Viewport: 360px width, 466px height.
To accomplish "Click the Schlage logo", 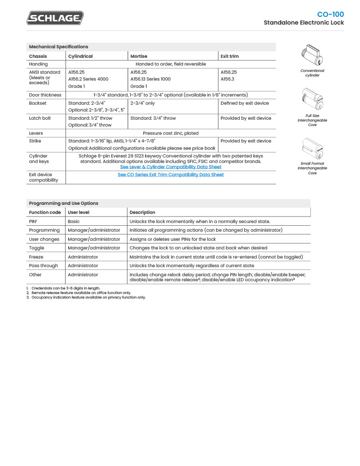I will point(55,18).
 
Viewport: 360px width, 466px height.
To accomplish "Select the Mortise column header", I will point(139,56).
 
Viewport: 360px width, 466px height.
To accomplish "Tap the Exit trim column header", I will point(229,56).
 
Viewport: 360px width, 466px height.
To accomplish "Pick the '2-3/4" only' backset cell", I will point(143,103).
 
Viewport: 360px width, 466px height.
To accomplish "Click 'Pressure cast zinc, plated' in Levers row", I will point(171,133).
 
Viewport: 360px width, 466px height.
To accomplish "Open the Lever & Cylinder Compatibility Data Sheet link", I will point(171,167).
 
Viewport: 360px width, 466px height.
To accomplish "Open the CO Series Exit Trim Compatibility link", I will point(171,175).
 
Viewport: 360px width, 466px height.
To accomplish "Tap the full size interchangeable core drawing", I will point(312,100).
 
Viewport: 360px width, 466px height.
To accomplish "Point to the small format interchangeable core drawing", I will point(312,148).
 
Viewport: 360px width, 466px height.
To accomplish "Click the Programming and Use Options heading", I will point(63,203).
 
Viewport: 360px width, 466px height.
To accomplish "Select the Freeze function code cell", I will point(36,257).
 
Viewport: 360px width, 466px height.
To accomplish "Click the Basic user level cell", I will point(74,222).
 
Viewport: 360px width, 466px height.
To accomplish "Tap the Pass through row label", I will point(43,266).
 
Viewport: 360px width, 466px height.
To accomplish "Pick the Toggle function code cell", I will point(36,248).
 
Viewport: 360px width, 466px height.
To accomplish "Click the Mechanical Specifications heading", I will point(58,47).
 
